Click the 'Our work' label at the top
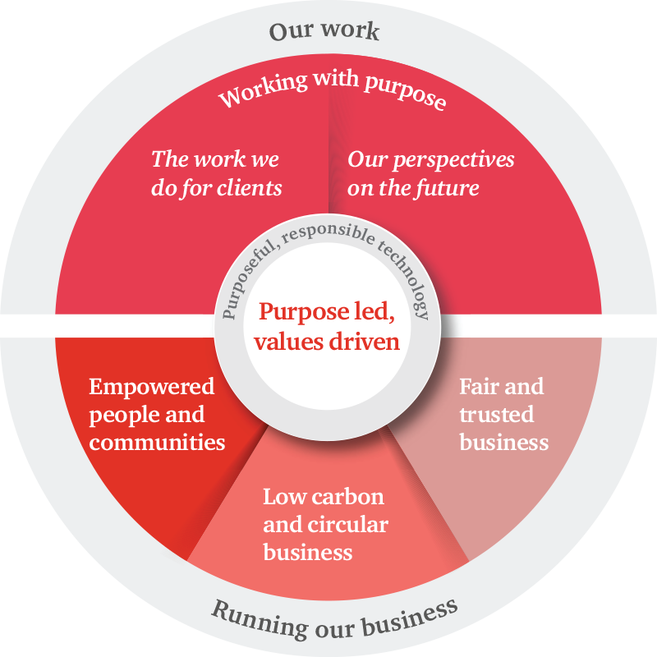click(x=324, y=32)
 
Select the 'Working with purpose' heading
click(x=332, y=90)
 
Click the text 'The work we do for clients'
click(x=216, y=173)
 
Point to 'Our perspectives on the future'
click(x=430, y=173)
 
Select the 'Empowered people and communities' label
click(x=157, y=414)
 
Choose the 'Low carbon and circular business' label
click(x=325, y=524)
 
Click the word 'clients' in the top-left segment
click(x=249, y=188)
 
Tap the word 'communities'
click(x=157, y=442)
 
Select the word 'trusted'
click(x=497, y=414)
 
